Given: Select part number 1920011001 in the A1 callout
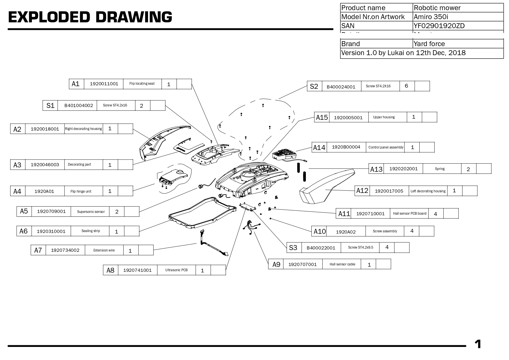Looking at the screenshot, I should click(x=104, y=84).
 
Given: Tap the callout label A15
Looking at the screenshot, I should click(x=322, y=117).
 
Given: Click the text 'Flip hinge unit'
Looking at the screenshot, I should click(x=81, y=191).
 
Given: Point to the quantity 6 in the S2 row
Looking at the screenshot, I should click(x=406, y=86).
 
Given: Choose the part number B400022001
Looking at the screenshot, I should click(x=321, y=248).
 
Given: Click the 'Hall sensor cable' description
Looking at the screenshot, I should click(x=342, y=264).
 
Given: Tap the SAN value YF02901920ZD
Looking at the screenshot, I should click(x=439, y=26).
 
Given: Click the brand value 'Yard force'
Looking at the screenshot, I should click(x=429, y=44).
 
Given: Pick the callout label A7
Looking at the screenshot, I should click(x=38, y=250).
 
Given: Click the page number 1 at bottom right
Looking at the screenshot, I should click(x=478, y=344).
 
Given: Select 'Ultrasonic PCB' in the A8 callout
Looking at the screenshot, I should click(x=176, y=270).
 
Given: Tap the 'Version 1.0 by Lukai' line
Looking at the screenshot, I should click(x=403, y=53).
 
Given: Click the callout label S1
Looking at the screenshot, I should click(x=50, y=106).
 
